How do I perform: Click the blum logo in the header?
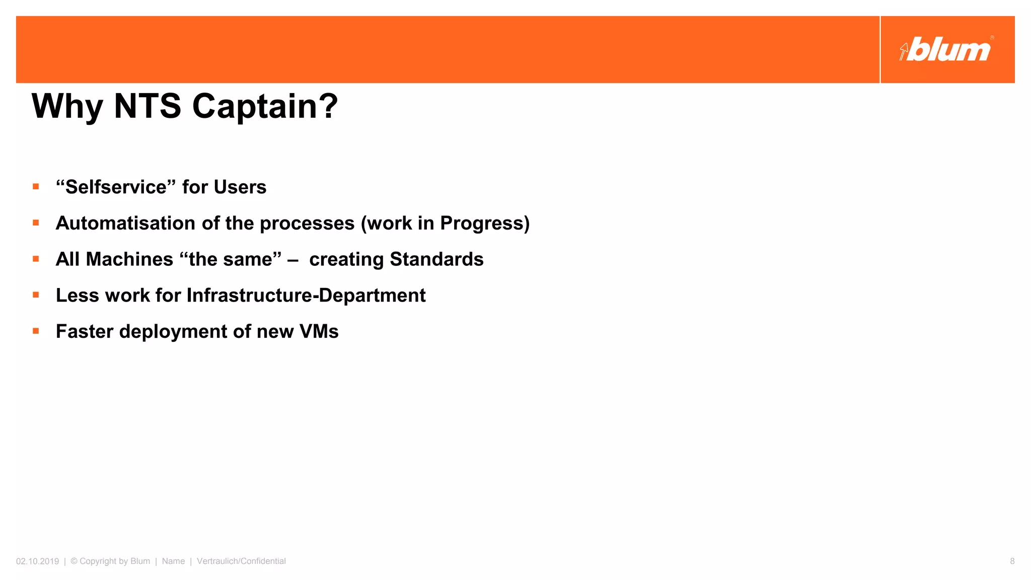(x=946, y=50)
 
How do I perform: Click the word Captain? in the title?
(x=265, y=106)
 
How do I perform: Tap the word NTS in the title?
(x=148, y=106)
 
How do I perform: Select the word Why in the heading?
(x=67, y=107)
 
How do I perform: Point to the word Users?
(x=240, y=187)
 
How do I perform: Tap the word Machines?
(x=129, y=259)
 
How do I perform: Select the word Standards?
(x=436, y=259)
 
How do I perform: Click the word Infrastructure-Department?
(x=306, y=296)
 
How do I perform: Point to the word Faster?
(x=85, y=332)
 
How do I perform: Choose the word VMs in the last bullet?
(x=319, y=332)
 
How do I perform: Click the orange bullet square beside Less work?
(x=36, y=295)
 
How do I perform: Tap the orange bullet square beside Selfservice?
(x=36, y=187)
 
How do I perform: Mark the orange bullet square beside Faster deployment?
(x=36, y=331)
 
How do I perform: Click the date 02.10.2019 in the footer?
(x=37, y=561)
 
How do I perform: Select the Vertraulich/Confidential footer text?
(x=241, y=561)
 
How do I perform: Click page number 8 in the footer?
(x=1012, y=561)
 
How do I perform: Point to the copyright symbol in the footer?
(x=74, y=561)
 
